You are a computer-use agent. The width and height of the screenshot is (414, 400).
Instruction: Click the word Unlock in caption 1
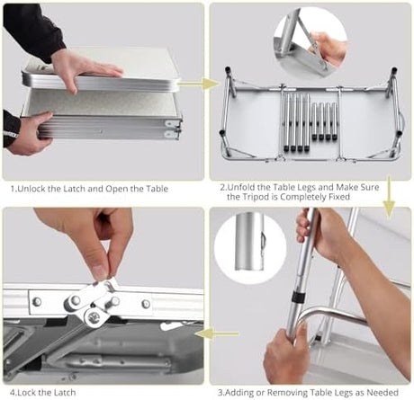pos(32,189)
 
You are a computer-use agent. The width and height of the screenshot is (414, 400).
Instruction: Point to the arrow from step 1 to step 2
pos(199,84)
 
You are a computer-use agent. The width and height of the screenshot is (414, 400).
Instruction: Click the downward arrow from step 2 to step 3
pos(389,197)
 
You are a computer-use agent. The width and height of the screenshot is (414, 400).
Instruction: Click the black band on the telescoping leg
pos(298,298)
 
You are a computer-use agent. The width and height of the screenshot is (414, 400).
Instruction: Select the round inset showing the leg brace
pos(310,43)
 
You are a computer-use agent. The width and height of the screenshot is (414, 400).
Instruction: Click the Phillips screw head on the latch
pos(94,316)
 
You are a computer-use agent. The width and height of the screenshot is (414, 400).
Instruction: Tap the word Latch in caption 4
pos(65,392)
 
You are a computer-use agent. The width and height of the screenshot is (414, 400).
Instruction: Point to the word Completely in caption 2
pos(303,197)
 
